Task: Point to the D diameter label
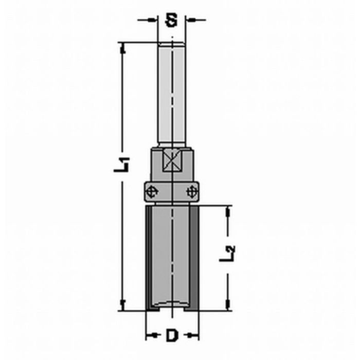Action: (x=172, y=336)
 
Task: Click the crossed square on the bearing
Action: (x=172, y=161)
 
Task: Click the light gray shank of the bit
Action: (x=172, y=93)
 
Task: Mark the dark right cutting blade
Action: (x=195, y=257)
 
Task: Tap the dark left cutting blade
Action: (x=149, y=257)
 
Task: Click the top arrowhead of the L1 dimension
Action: (x=122, y=47)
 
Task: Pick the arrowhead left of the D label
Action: (x=150, y=336)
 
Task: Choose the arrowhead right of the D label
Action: (x=194, y=336)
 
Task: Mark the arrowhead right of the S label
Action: (x=190, y=21)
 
